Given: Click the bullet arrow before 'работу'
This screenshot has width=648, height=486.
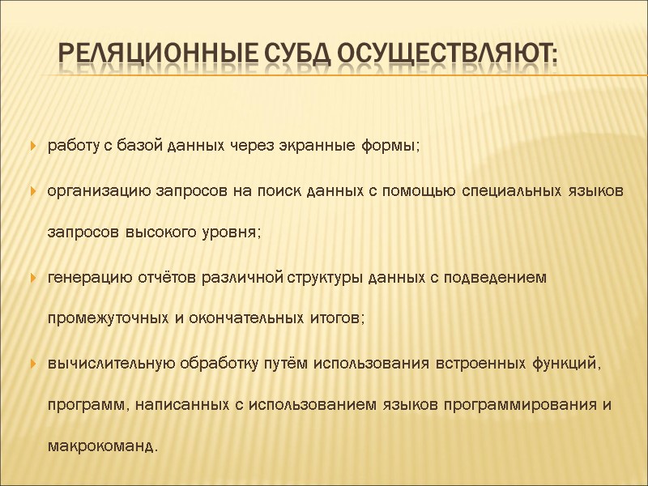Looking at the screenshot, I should pos(33,147).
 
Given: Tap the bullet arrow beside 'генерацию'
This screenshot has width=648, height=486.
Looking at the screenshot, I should pos(33,278).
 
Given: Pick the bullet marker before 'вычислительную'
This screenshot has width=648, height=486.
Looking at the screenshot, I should pos(33,362).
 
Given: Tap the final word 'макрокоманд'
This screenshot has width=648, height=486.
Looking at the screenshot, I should pos(100,446).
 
